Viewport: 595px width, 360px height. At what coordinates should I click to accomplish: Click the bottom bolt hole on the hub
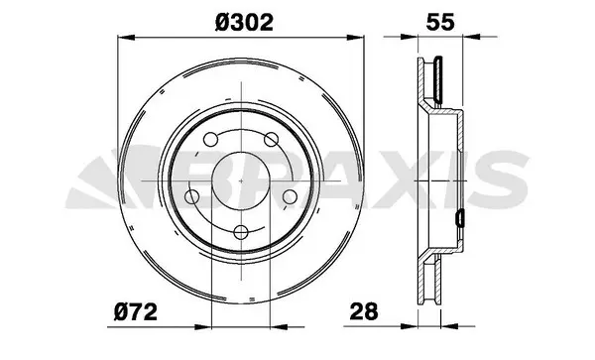pyautogui.click(x=240, y=233)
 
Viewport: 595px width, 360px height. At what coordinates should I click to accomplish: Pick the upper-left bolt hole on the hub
pyautogui.click(x=209, y=140)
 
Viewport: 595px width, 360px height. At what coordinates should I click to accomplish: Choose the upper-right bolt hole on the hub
pyautogui.click(x=272, y=140)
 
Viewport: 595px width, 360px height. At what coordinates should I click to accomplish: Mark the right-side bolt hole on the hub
pyautogui.click(x=291, y=197)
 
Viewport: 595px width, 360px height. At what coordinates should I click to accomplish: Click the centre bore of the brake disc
pyautogui.click(x=240, y=180)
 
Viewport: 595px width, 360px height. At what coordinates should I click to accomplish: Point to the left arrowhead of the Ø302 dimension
pyautogui.click(x=123, y=38)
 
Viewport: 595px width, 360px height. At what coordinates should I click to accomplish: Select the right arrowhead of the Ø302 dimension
pyautogui.click(x=357, y=38)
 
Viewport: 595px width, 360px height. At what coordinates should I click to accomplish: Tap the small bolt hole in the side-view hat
pyautogui.click(x=460, y=216)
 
